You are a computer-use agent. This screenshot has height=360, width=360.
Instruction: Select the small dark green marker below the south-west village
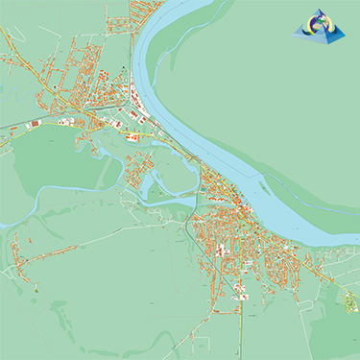[36, 288]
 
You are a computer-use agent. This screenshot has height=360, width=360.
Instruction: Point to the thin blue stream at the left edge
[8, 225]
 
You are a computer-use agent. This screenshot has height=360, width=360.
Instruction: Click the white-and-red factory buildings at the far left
[34, 124]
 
